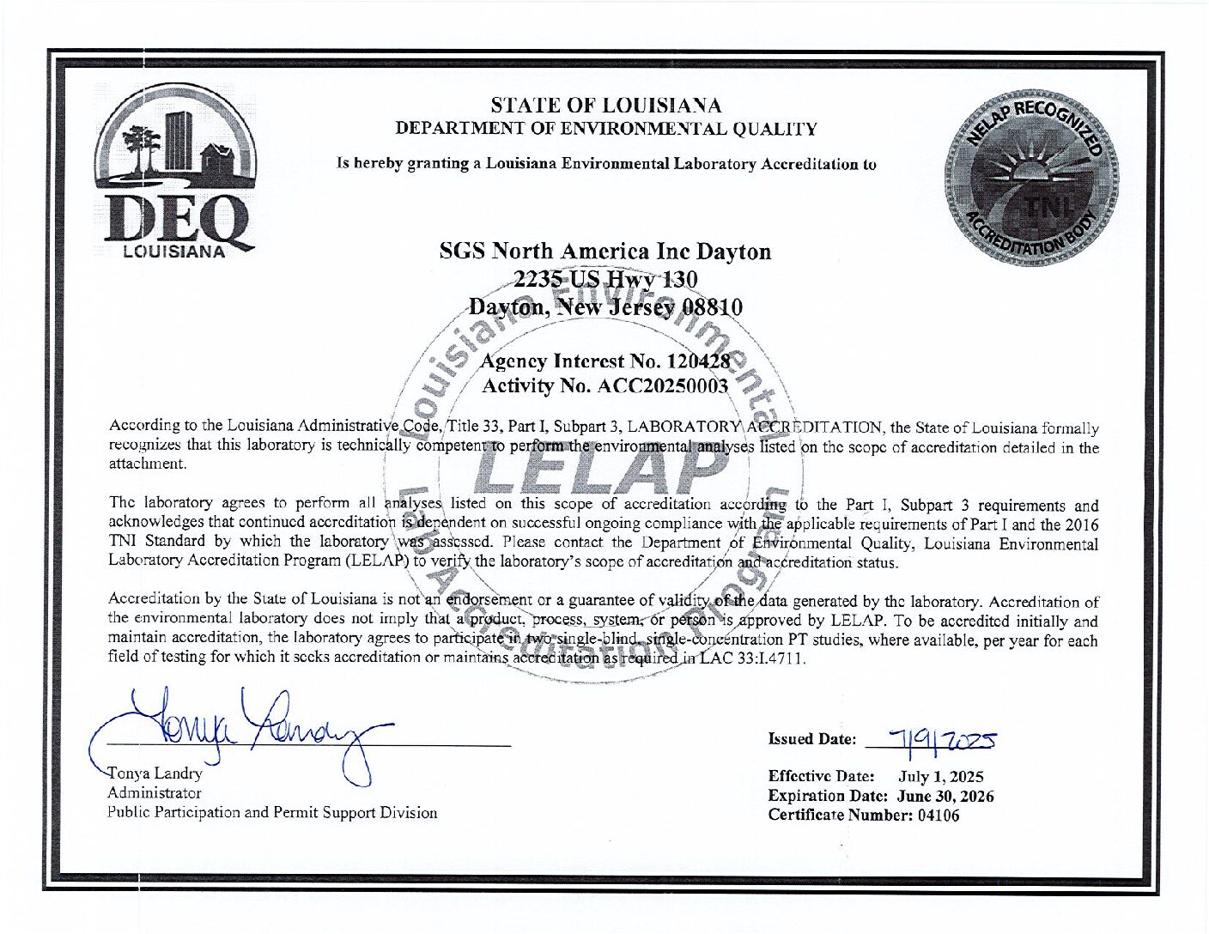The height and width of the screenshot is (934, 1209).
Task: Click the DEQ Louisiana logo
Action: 175,172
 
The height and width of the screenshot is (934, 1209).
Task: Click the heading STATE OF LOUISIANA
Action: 605,106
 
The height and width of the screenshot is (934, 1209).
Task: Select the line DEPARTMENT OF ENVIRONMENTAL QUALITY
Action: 605,129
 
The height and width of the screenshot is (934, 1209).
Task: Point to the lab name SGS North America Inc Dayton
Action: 604,252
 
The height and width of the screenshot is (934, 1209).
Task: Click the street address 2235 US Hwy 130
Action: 604,279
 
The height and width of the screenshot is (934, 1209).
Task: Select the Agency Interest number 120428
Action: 697,361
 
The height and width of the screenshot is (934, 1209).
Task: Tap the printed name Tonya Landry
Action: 155,773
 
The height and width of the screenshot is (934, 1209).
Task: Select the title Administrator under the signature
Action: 154,792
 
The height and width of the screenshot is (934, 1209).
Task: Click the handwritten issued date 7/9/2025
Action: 943,737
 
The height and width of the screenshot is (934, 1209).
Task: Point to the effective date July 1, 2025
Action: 940,777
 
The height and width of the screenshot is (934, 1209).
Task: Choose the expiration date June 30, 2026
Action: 945,796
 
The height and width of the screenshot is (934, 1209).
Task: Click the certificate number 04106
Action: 938,815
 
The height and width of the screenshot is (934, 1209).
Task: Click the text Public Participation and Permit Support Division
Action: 271,812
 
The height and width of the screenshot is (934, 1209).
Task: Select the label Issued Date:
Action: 811,738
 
